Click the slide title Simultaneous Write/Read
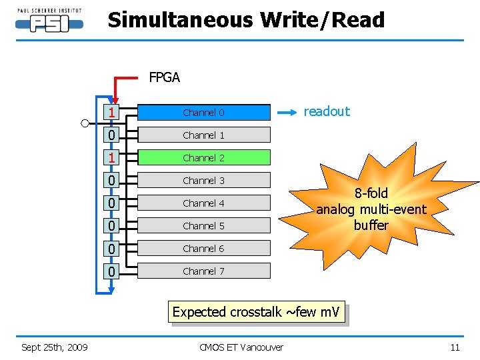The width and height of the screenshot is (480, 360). [246, 20]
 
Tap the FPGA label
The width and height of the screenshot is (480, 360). [164, 77]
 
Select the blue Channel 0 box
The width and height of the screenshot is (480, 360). [203, 113]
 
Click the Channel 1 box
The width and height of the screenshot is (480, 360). [203, 135]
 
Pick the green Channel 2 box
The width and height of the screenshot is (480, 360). [203, 158]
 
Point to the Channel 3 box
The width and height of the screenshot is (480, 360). [203, 181]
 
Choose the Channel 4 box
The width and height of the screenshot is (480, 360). [203, 203]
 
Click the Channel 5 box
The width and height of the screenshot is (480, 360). [203, 226]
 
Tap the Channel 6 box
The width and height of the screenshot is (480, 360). [203, 249]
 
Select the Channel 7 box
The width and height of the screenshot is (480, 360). [203, 271]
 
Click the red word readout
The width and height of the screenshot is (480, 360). [327, 111]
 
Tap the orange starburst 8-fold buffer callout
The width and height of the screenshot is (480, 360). [371, 209]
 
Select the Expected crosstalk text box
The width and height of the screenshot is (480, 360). [256, 311]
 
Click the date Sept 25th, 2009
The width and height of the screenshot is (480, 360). [55, 347]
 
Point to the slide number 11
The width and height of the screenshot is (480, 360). [455, 347]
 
